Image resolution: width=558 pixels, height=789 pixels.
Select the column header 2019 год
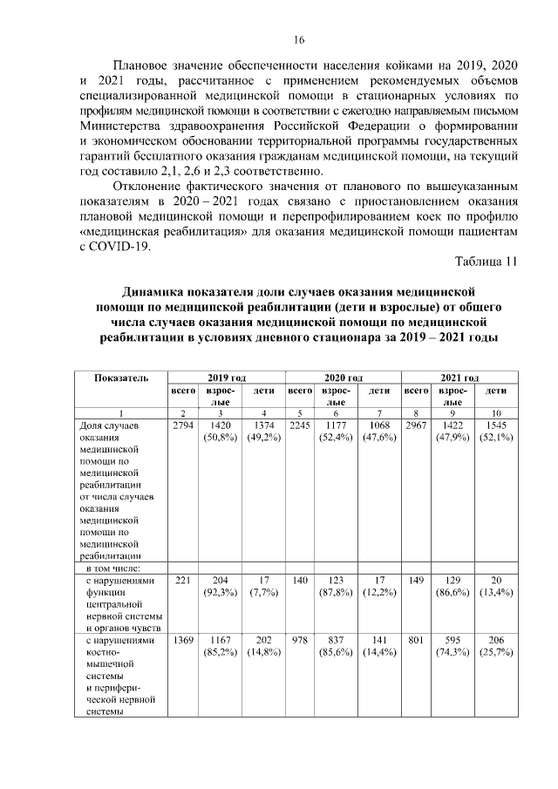pos(227,377)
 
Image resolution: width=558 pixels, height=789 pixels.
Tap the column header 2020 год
pos(343,377)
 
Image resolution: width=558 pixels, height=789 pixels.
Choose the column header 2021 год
pos(459,377)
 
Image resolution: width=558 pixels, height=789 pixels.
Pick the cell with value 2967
pos(416,425)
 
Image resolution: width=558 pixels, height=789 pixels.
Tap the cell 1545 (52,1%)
pos(496,432)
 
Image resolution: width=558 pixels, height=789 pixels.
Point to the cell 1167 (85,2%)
pos(221,646)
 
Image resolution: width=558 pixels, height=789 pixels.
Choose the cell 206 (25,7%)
pos(496,646)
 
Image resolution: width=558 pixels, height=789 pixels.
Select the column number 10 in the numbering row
pos(496,412)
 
